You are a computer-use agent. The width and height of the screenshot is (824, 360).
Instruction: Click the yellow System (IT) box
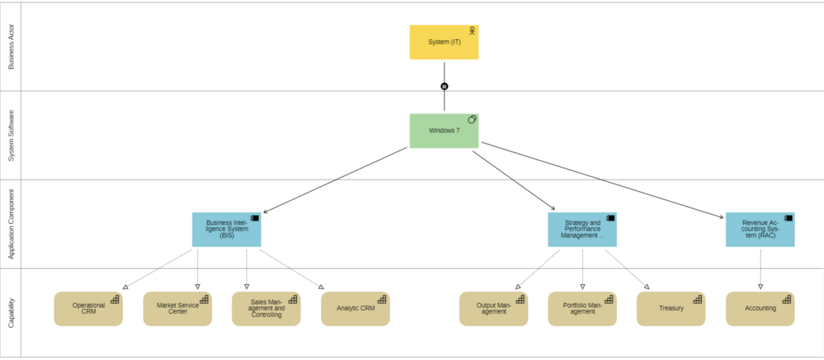tap(444, 42)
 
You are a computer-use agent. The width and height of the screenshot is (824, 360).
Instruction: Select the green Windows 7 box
tap(444, 131)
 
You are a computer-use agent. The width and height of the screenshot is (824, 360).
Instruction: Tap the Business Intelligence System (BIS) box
tap(226, 229)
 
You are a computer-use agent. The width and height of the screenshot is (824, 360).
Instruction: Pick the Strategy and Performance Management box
tap(582, 229)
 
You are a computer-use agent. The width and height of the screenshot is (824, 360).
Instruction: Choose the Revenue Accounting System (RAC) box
tap(759, 229)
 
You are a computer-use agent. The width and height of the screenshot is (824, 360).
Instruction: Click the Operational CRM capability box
tap(88, 308)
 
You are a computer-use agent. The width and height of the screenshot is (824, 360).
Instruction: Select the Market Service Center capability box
tap(177, 308)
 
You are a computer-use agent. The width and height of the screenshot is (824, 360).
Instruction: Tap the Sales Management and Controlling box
tap(266, 308)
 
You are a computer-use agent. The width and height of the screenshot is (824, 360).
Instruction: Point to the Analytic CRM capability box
tap(355, 308)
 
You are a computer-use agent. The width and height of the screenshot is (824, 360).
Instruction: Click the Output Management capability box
tap(493, 308)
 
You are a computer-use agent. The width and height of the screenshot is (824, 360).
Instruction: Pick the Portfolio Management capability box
tap(582, 308)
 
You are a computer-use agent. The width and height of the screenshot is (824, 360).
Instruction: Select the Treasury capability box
tap(670, 308)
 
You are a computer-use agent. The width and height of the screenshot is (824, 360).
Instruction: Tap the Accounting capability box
tap(759, 308)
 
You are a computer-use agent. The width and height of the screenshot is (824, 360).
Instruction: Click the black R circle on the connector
tap(444, 87)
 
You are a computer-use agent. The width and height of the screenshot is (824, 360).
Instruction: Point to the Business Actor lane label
tap(11, 47)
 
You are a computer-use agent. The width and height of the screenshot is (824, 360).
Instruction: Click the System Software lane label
tap(11, 135)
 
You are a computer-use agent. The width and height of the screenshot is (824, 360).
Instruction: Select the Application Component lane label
tap(11, 224)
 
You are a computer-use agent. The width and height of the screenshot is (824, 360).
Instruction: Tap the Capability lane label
tap(11, 313)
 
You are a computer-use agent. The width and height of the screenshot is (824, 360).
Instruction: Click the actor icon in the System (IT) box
tap(472, 31)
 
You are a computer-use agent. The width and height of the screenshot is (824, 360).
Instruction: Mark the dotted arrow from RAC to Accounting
tap(760, 268)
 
